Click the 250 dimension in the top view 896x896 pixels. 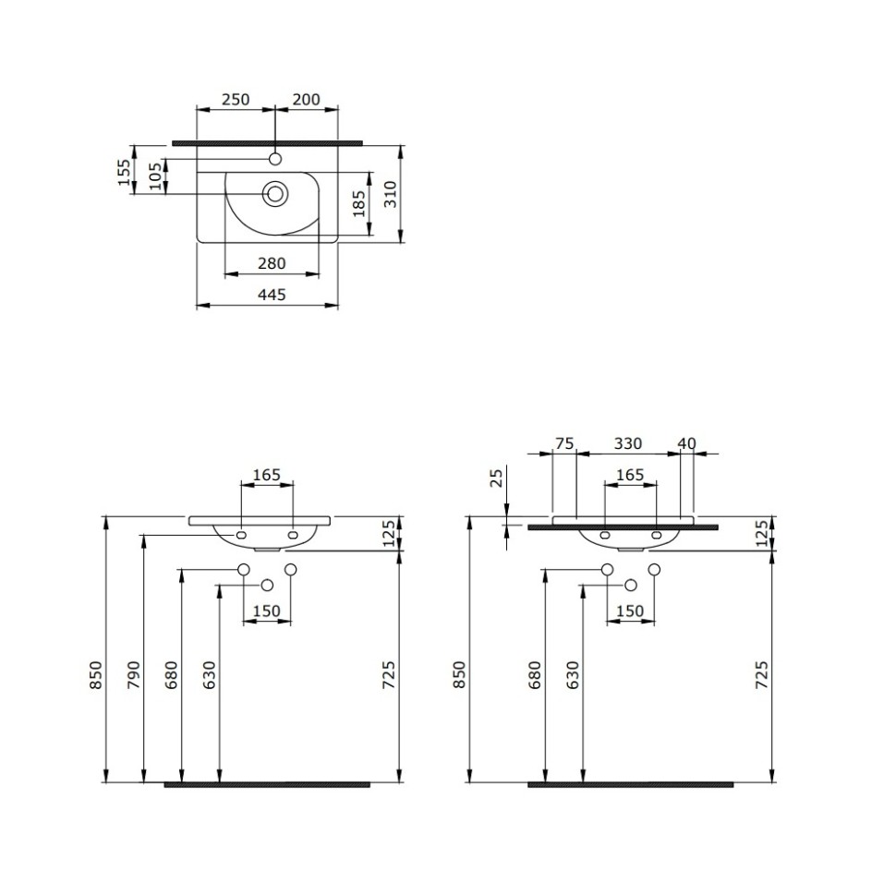(236, 100)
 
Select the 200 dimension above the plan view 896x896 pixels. (307, 100)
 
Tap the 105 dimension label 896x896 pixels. (155, 175)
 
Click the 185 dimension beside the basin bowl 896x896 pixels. (359, 203)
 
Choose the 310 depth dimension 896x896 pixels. (390, 193)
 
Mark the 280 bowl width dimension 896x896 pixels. (272, 264)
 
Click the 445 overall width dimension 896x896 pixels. (272, 295)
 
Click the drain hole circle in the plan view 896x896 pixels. (274, 194)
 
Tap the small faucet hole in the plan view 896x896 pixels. (274, 159)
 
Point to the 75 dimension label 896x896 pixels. (563, 444)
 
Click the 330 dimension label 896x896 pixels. (627, 444)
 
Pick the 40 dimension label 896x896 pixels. (686, 444)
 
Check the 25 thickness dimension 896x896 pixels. (496, 478)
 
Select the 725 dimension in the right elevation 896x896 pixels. (762, 676)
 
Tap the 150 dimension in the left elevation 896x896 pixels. (266, 611)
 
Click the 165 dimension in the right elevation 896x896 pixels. (630, 475)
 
